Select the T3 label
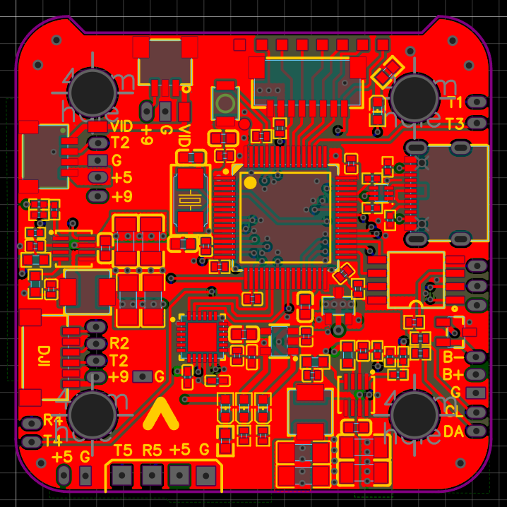click(455, 124)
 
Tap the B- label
click(453, 357)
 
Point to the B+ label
click(453, 374)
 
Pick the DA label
click(453, 431)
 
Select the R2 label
click(119, 344)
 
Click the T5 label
click(123, 450)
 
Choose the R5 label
click(152, 450)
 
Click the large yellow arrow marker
click(160, 415)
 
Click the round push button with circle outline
click(225, 105)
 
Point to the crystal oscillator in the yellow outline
click(189, 199)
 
